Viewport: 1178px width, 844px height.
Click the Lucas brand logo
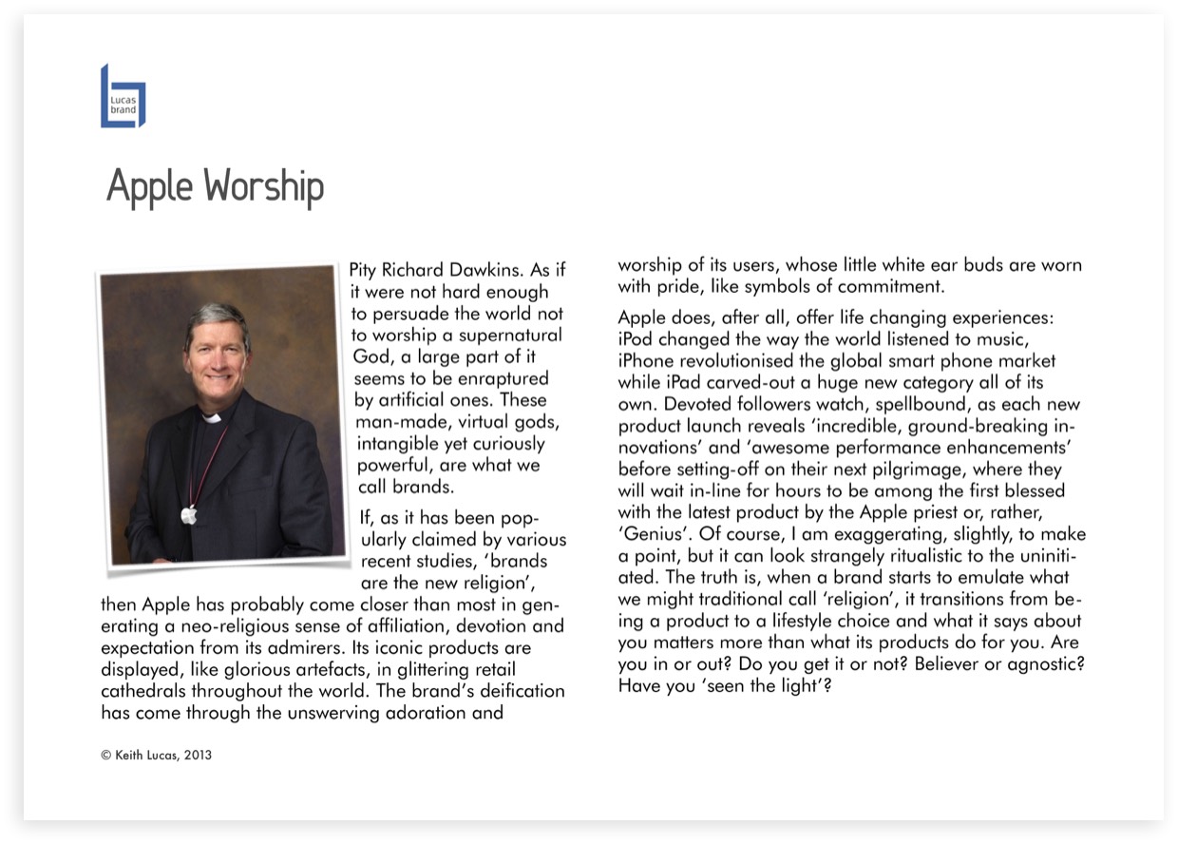pos(123,96)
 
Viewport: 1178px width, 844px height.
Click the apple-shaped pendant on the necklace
pos(189,515)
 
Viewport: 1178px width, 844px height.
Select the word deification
pos(517,691)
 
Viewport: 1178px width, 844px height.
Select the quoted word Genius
pos(654,534)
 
